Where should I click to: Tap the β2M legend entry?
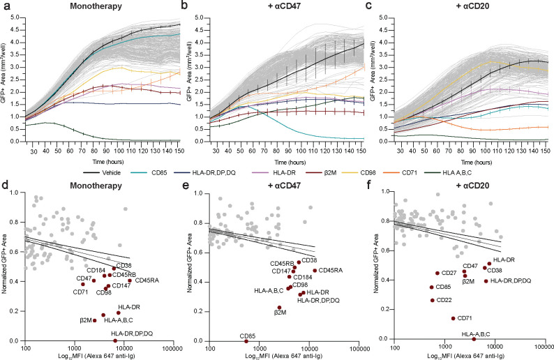(x=341, y=168)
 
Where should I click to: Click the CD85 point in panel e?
(x=246, y=340)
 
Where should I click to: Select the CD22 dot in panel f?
(x=432, y=300)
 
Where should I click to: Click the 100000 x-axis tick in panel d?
(x=174, y=347)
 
